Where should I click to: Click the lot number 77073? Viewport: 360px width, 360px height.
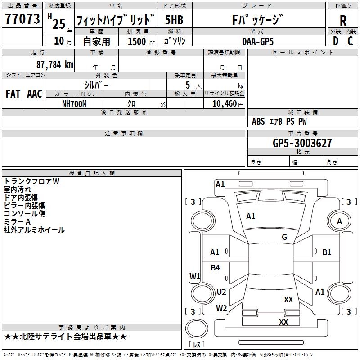pos(22,19)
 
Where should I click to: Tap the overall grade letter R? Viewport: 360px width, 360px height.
pos(343,21)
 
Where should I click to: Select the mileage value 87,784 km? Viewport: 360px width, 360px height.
pos(54,65)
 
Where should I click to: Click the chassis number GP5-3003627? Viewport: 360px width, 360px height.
pos(302,143)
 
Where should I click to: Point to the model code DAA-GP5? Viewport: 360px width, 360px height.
pos(258,41)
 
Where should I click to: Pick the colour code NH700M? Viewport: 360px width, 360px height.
pos(74,104)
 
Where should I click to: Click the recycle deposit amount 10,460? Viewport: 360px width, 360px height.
pos(225,104)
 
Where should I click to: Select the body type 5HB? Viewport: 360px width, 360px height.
pos(174,20)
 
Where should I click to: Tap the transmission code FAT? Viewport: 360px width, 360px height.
pos(13,94)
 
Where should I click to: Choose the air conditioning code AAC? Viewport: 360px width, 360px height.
pos(35,94)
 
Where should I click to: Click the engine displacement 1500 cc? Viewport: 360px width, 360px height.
pos(141,41)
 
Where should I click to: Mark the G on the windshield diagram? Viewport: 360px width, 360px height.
pos(284,237)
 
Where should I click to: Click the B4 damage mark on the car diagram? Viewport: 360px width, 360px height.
pos(215,268)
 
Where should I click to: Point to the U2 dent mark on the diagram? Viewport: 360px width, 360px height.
pos(221,292)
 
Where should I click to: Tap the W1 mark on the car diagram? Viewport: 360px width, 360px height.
pos(195,276)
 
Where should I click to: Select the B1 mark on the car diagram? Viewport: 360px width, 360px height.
pos(327,252)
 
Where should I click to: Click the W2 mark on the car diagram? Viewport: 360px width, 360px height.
pos(221,308)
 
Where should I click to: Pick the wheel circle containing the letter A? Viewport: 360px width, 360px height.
pos(339,221)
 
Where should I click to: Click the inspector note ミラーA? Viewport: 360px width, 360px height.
pos(17,222)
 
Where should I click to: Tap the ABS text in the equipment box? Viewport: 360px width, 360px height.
pos(258,121)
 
